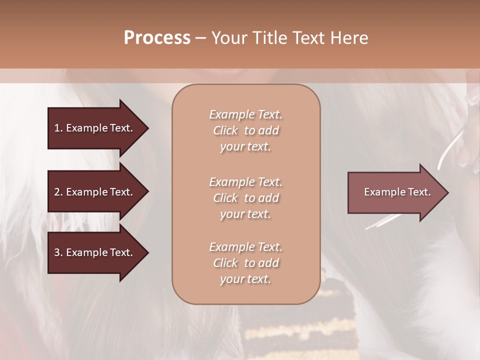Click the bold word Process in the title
click(x=157, y=38)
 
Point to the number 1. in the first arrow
click(x=58, y=128)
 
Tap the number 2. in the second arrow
click(x=58, y=192)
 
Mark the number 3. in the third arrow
click(x=58, y=252)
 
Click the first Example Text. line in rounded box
click(x=245, y=114)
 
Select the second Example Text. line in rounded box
click(x=245, y=182)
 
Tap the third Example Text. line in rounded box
click(x=245, y=247)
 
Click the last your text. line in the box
click(x=245, y=279)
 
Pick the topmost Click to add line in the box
click(x=245, y=130)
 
